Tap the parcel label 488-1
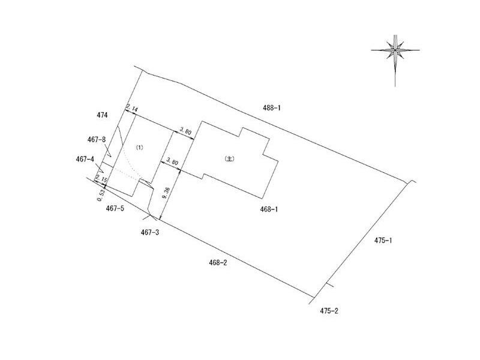click(272, 108)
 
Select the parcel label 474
click(102, 115)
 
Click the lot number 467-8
click(97, 140)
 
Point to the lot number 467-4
click(85, 159)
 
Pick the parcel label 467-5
click(115, 208)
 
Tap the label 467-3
click(150, 233)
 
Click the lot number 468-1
click(269, 209)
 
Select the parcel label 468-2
click(218, 263)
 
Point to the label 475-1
click(383, 241)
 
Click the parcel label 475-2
click(329, 311)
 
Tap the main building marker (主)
click(229, 159)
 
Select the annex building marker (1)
click(139, 147)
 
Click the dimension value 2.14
click(132, 108)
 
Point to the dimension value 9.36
click(166, 192)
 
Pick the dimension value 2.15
click(101, 178)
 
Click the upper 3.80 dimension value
click(185, 131)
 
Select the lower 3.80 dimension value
click(172, 161)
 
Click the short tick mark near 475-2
click(329, 285)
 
